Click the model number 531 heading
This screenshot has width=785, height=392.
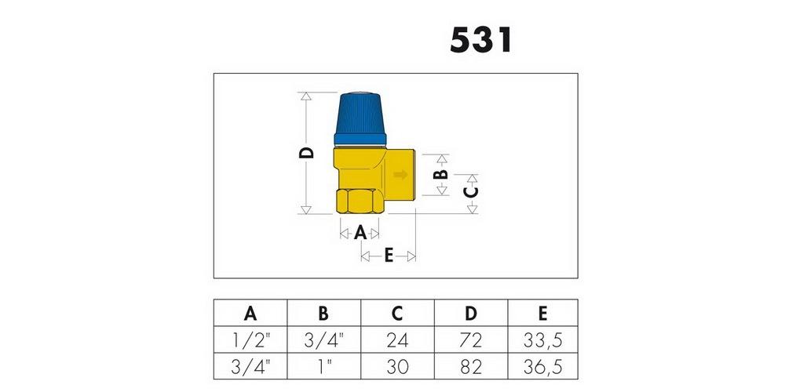click(x=481, y=41)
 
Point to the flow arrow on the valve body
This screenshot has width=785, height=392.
click(x=400, y=175)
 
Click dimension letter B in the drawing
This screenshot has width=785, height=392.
click(x=440, y=175)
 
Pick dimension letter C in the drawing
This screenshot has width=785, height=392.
click(x=471, y=192)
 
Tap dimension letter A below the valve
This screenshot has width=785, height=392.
click(x=360, y=233)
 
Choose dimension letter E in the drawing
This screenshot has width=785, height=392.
click(x=389, y=256)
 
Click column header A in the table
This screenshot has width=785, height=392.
click(x=250, y=314)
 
